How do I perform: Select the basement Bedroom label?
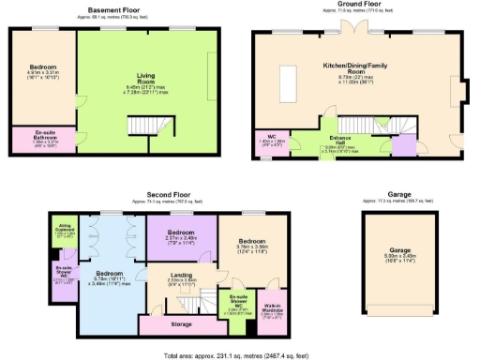coord(43,67)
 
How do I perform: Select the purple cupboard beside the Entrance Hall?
coord(405,145)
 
